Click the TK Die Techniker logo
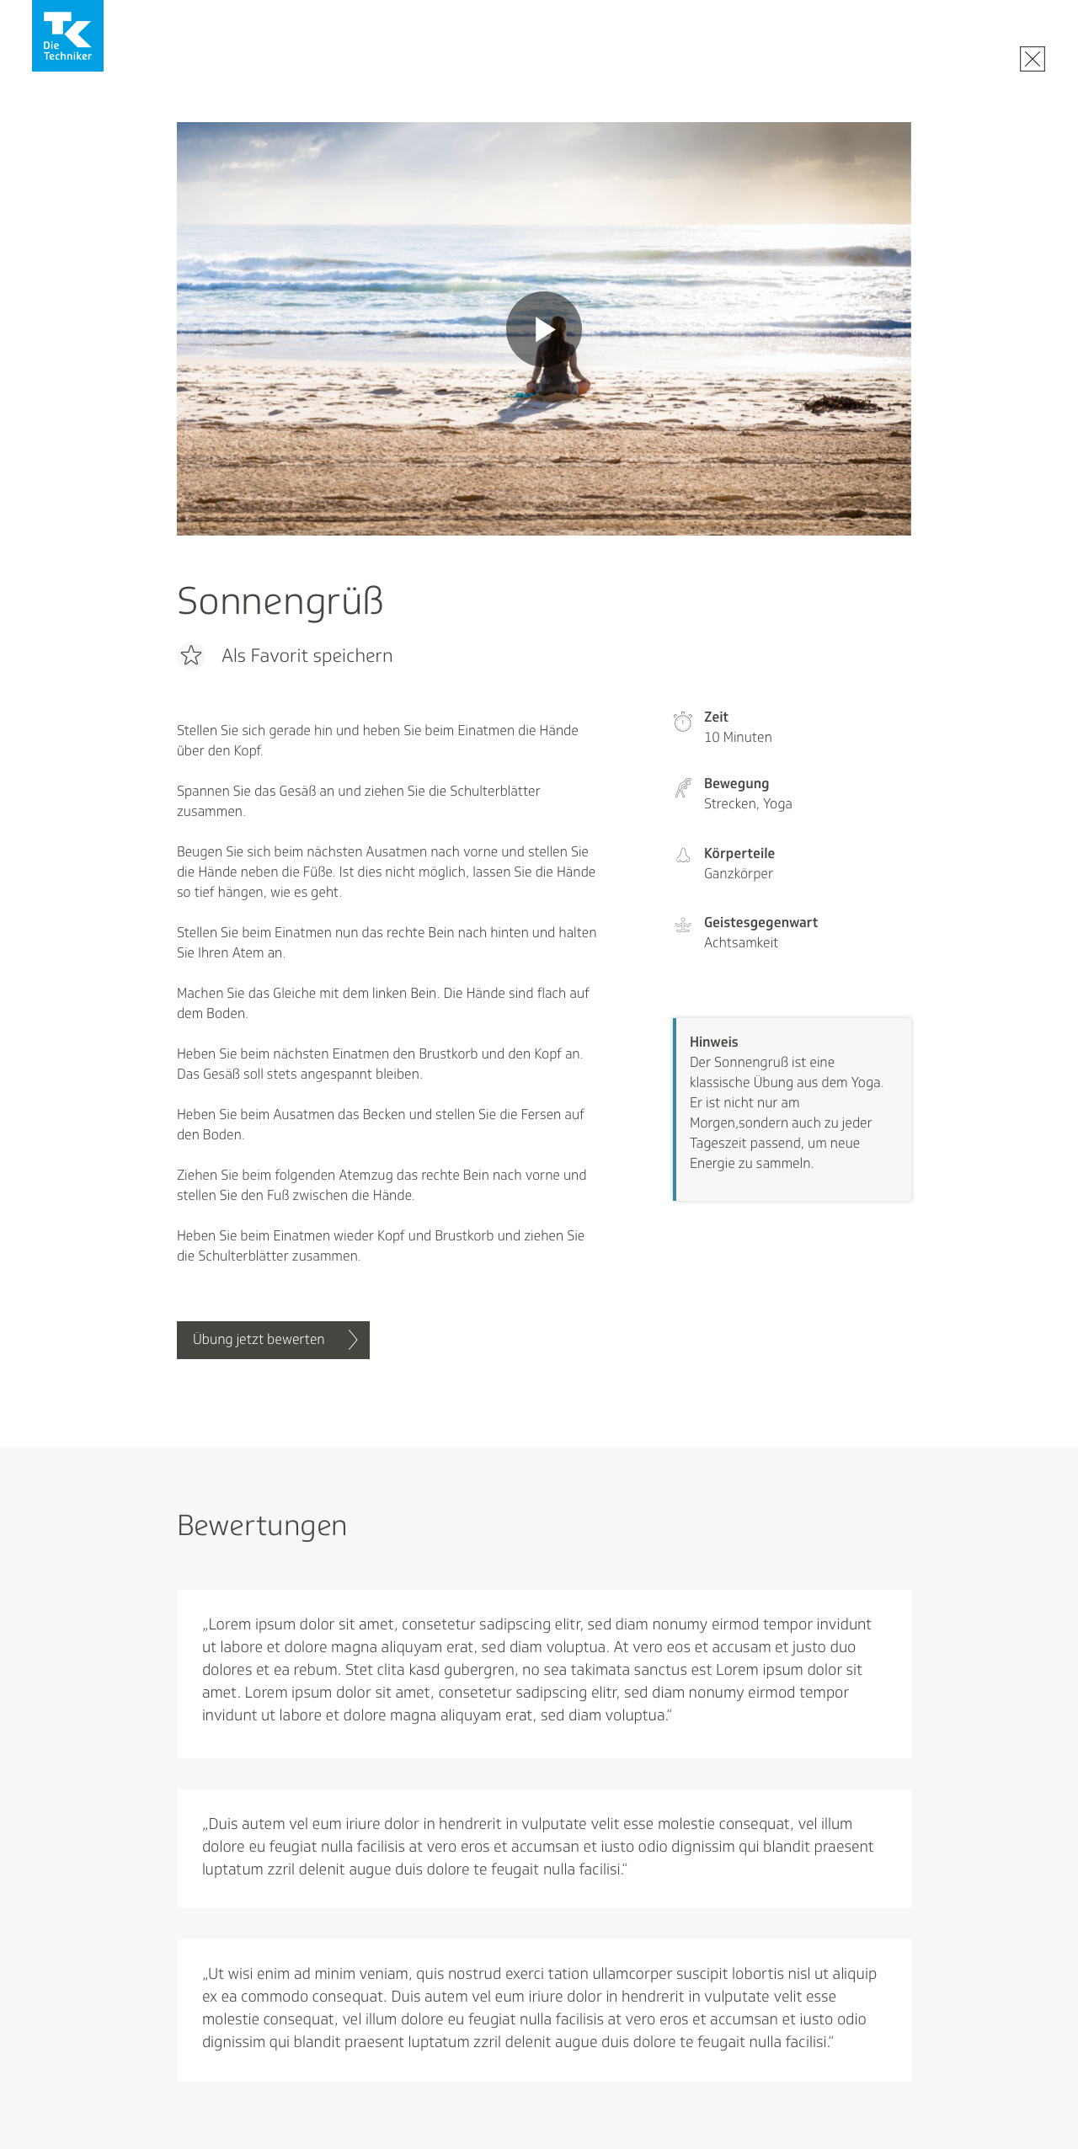point(67,35)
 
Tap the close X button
point(1032,59)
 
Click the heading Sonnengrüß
point(280,601)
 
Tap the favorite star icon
point(191,655)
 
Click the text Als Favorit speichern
point(307,656)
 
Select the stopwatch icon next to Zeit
point(683,722)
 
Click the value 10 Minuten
point(738,738)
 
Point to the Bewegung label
point(736,784)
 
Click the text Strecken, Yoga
point(748,804)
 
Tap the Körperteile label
point(739,854)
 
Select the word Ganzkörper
point(738,874)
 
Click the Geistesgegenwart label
point(760,923)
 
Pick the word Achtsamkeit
point(740,943)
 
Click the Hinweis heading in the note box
point(713,1043)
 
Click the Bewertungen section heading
point(262,1526)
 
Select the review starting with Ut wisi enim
point(539,2008)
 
